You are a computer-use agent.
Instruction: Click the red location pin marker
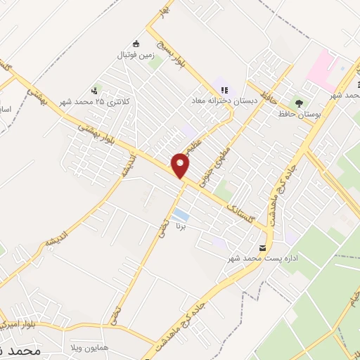[x=181, y=165]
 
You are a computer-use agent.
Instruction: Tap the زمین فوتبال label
[x=134, y=54]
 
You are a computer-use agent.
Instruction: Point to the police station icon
[x=94, y=90]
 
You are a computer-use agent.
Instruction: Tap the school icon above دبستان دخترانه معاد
[x=224, y=90]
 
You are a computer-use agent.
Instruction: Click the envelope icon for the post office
[x=263, y=248]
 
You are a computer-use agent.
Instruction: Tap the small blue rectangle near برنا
[x=180, y=214]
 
